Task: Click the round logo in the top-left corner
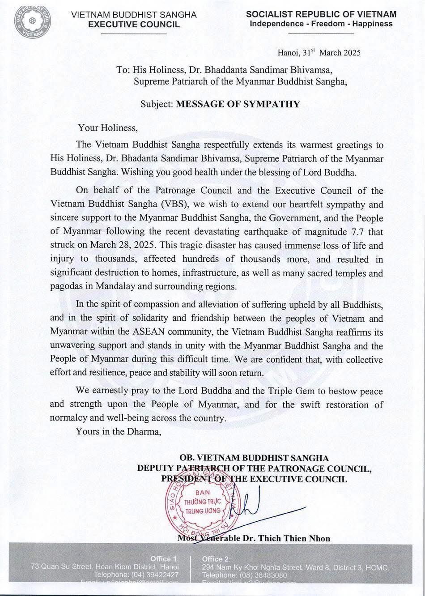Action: (32, 21)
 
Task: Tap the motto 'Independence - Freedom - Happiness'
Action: (321, 24)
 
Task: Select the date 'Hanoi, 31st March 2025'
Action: (319, 53)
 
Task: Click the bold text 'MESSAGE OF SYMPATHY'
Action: (238, 104)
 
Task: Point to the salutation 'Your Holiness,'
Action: (108, 128)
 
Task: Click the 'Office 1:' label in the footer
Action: (165, 559)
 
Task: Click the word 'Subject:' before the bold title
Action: (157, 104)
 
